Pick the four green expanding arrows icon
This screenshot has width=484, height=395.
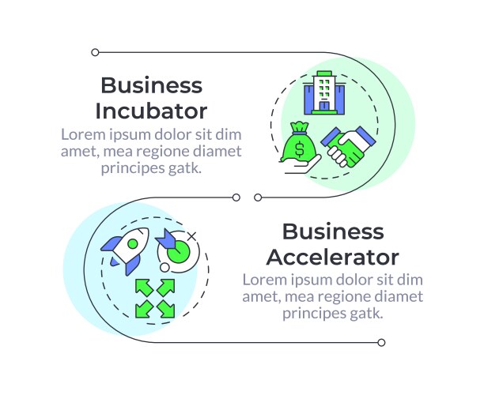(x=154, y=297)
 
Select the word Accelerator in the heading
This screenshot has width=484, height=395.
(x=332, y=257)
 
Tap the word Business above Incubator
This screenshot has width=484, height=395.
(x=151, y=85)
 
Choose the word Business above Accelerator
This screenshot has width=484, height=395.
(x=332, y=231)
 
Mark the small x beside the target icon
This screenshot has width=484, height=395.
(x=191, y=235)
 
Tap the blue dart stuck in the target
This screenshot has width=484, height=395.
(x=168, y=238)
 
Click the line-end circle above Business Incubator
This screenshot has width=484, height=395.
(x=95, y=52)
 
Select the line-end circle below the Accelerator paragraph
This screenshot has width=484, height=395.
(x=381, y=342)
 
